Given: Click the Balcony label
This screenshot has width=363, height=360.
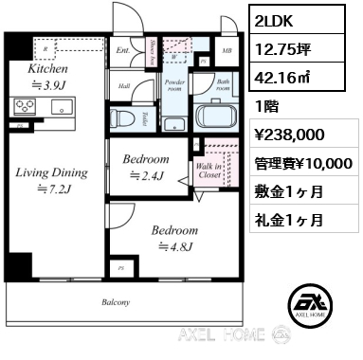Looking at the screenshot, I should (117, 302).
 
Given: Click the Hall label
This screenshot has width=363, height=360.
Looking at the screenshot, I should (123, 85).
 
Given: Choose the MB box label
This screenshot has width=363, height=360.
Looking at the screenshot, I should (226, 51).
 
